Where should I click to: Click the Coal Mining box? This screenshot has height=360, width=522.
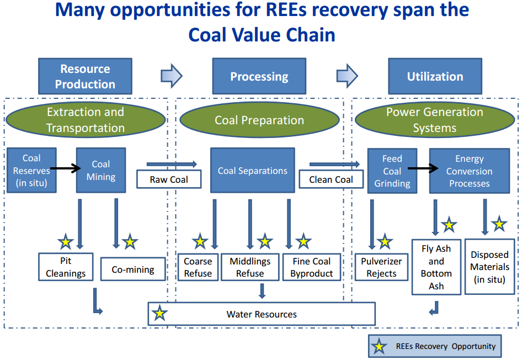coord(100,170)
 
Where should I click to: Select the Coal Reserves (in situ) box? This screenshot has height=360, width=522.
coord(31,170)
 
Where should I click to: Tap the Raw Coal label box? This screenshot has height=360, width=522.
coord(169,179)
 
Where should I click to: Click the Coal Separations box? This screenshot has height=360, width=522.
coord(253,170)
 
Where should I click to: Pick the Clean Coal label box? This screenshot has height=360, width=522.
coord(331,179)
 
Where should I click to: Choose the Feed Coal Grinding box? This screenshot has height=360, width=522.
coord(392,171)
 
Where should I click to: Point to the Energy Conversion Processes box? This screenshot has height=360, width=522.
coord(470,171)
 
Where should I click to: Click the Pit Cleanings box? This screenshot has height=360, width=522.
coord(66,267)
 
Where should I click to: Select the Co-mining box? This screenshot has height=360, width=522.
coord(133,270)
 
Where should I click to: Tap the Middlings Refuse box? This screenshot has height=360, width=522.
coord(250,267)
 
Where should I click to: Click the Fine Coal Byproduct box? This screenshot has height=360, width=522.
coord(312,267)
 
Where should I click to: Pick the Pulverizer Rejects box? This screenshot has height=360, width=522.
coord(381,267)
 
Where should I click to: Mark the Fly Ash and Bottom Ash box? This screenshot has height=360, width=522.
coord(436,267)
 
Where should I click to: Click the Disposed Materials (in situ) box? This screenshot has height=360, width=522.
coord(489,267)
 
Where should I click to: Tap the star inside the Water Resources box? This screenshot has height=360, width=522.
coord(159,314)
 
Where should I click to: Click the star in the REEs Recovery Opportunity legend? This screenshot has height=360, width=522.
coord(379,347)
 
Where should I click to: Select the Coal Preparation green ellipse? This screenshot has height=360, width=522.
coord(259,120)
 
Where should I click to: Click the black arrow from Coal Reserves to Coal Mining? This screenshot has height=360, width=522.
coord(66,170)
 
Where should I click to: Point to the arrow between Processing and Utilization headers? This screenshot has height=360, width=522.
coord(347,75)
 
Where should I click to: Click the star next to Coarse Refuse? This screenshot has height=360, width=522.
coord(200,241)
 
